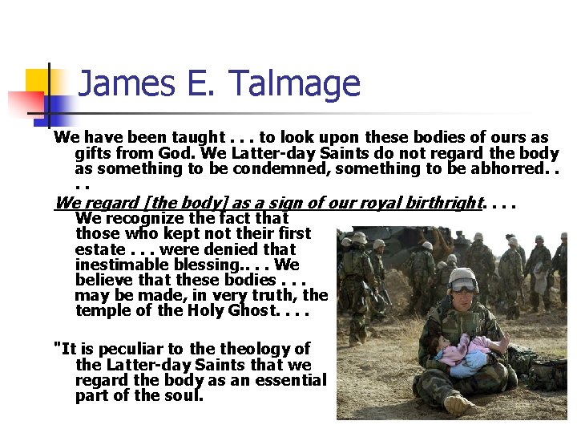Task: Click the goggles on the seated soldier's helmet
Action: point(463,285)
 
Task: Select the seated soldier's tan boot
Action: point(458,403)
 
